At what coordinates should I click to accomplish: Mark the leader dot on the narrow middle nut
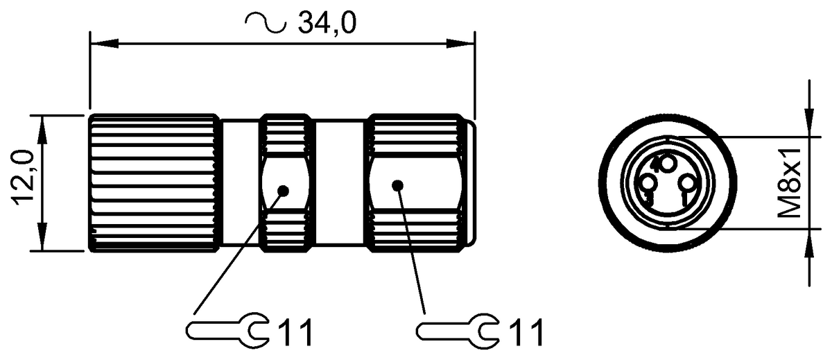[x=283, y=190]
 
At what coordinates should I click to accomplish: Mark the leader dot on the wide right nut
[x=397, y=185]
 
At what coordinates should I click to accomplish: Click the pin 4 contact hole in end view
[x=666, y=164]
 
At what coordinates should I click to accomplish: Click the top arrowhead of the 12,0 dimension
[x=43, y=126]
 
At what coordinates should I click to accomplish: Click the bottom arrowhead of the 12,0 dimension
[x=43, y=239]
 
